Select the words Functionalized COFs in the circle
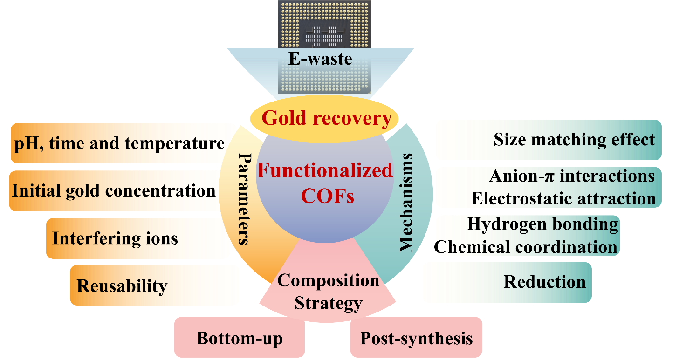[x=325, y=183]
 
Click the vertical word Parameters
[x=243, y=197]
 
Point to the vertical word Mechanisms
[x=407, y=202]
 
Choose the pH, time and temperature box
[x=123, y=143]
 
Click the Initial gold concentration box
[x=113, y=190]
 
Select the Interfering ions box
[x=138, y=238]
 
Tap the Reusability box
[x=154, y=285]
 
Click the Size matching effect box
[x=548, y=140]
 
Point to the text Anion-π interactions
[x=572, y=176]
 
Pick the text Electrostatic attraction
[x=563, y=198]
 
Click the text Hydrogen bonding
[x=542, y=224]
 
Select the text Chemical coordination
[x=527, y=246]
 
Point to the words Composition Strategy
[x=328, y=292]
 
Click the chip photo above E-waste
[x=325, y=23]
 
